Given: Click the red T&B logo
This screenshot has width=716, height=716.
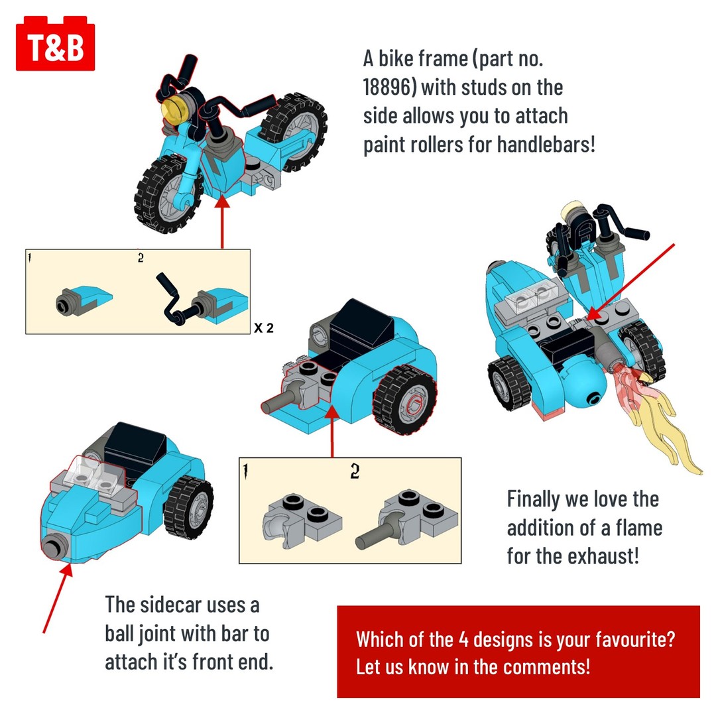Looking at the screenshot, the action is tap(55, 44).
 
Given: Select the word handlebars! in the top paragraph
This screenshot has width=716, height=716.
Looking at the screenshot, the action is tap(546, 145).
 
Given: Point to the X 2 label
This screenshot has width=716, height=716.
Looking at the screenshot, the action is tap(263, 328).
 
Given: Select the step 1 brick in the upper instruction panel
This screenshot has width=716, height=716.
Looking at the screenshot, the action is tap(84, 299).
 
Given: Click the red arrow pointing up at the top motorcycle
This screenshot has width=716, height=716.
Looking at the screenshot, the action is tap(222, 221).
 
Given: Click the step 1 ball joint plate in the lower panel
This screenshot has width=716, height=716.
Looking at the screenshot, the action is tap(302, 519).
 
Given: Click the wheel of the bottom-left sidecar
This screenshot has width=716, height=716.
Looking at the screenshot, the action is tap(188, 508).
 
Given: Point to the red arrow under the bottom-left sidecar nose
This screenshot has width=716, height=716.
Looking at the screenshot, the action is tap(58, 598).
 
